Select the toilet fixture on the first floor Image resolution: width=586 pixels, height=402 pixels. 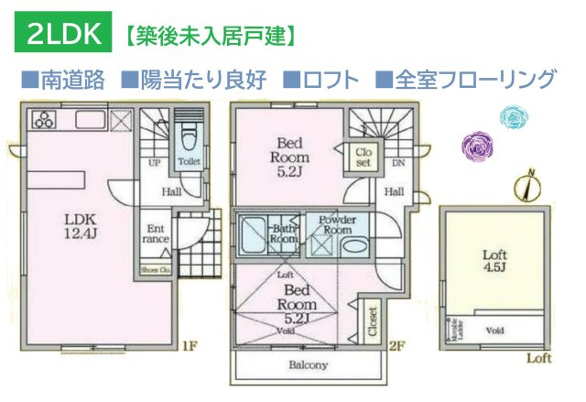click(x=187, y=140)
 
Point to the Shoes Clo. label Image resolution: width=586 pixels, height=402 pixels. click(x=155, y=269)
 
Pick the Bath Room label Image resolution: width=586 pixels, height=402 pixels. click(x=284, y=233)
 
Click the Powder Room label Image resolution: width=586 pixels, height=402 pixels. click(x=337, y=225)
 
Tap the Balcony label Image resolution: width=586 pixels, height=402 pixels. click(x=309, y=364)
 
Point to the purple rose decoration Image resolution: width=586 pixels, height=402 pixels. click(x=477, y=145)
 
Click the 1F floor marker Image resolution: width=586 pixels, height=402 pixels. click(x=190, y=346)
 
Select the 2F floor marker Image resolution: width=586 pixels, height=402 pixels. click(x=395, y=346)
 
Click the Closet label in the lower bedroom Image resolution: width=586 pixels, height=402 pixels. click(x=372, y=321)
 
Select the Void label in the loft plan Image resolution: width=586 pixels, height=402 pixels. click(x=495, y=330)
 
